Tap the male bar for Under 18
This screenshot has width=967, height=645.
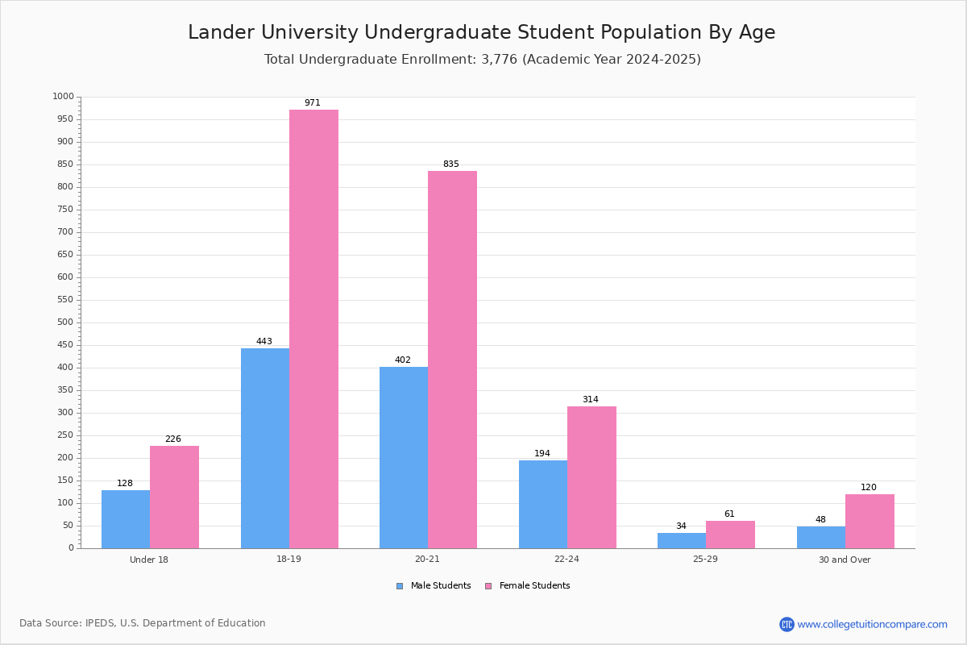[x=126, y=519]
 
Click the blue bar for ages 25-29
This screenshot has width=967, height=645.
[x=682, y=540]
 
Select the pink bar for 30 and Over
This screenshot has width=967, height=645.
[x=869, y=521]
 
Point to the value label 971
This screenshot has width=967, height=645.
[x=313, y=103]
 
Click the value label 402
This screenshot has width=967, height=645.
[x=403, y=360]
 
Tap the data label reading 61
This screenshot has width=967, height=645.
[x=729, y=514]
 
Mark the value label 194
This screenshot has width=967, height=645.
[x=542, y=454]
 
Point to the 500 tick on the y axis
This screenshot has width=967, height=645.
[x=64, y=322]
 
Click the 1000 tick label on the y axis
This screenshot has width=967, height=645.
[x=62, y=97]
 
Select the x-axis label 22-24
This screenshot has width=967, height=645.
[x=567, y=560]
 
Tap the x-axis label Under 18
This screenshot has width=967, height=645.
[x=149, y=560]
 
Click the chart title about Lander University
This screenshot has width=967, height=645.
[x=482, y=33]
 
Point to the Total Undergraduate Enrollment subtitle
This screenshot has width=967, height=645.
[x=482, y=60]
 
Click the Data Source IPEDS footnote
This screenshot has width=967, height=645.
[x=143, y=623]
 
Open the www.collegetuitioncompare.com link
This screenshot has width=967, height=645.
[x=872, y=624]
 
